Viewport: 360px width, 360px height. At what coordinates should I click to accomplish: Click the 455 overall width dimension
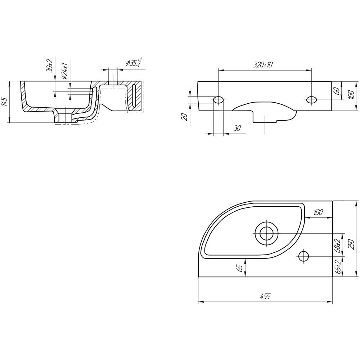point(265,296)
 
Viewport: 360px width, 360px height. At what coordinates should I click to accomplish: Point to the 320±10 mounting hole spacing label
point(263,65)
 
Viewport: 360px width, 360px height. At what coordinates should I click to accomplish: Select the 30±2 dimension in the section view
point(50,66)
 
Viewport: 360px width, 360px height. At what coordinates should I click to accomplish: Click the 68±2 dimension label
point(338,246)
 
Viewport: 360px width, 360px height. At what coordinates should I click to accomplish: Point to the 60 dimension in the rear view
point(337,91)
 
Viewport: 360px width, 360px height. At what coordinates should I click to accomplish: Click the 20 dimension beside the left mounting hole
point(185,117)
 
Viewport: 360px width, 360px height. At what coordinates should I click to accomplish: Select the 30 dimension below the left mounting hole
point(237,129)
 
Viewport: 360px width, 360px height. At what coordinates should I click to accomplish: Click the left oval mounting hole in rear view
point(219,100)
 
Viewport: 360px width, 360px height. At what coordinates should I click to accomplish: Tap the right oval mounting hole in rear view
point(311,100)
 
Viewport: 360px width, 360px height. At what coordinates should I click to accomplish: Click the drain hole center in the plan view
point(267,234)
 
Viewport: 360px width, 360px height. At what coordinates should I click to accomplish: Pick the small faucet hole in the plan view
point(303,256)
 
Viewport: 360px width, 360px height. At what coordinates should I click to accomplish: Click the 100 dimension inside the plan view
point(318,212)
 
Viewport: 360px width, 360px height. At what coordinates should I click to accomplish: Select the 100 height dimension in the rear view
point(351,94)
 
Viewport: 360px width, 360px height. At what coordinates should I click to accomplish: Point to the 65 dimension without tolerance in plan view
point(240,268)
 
